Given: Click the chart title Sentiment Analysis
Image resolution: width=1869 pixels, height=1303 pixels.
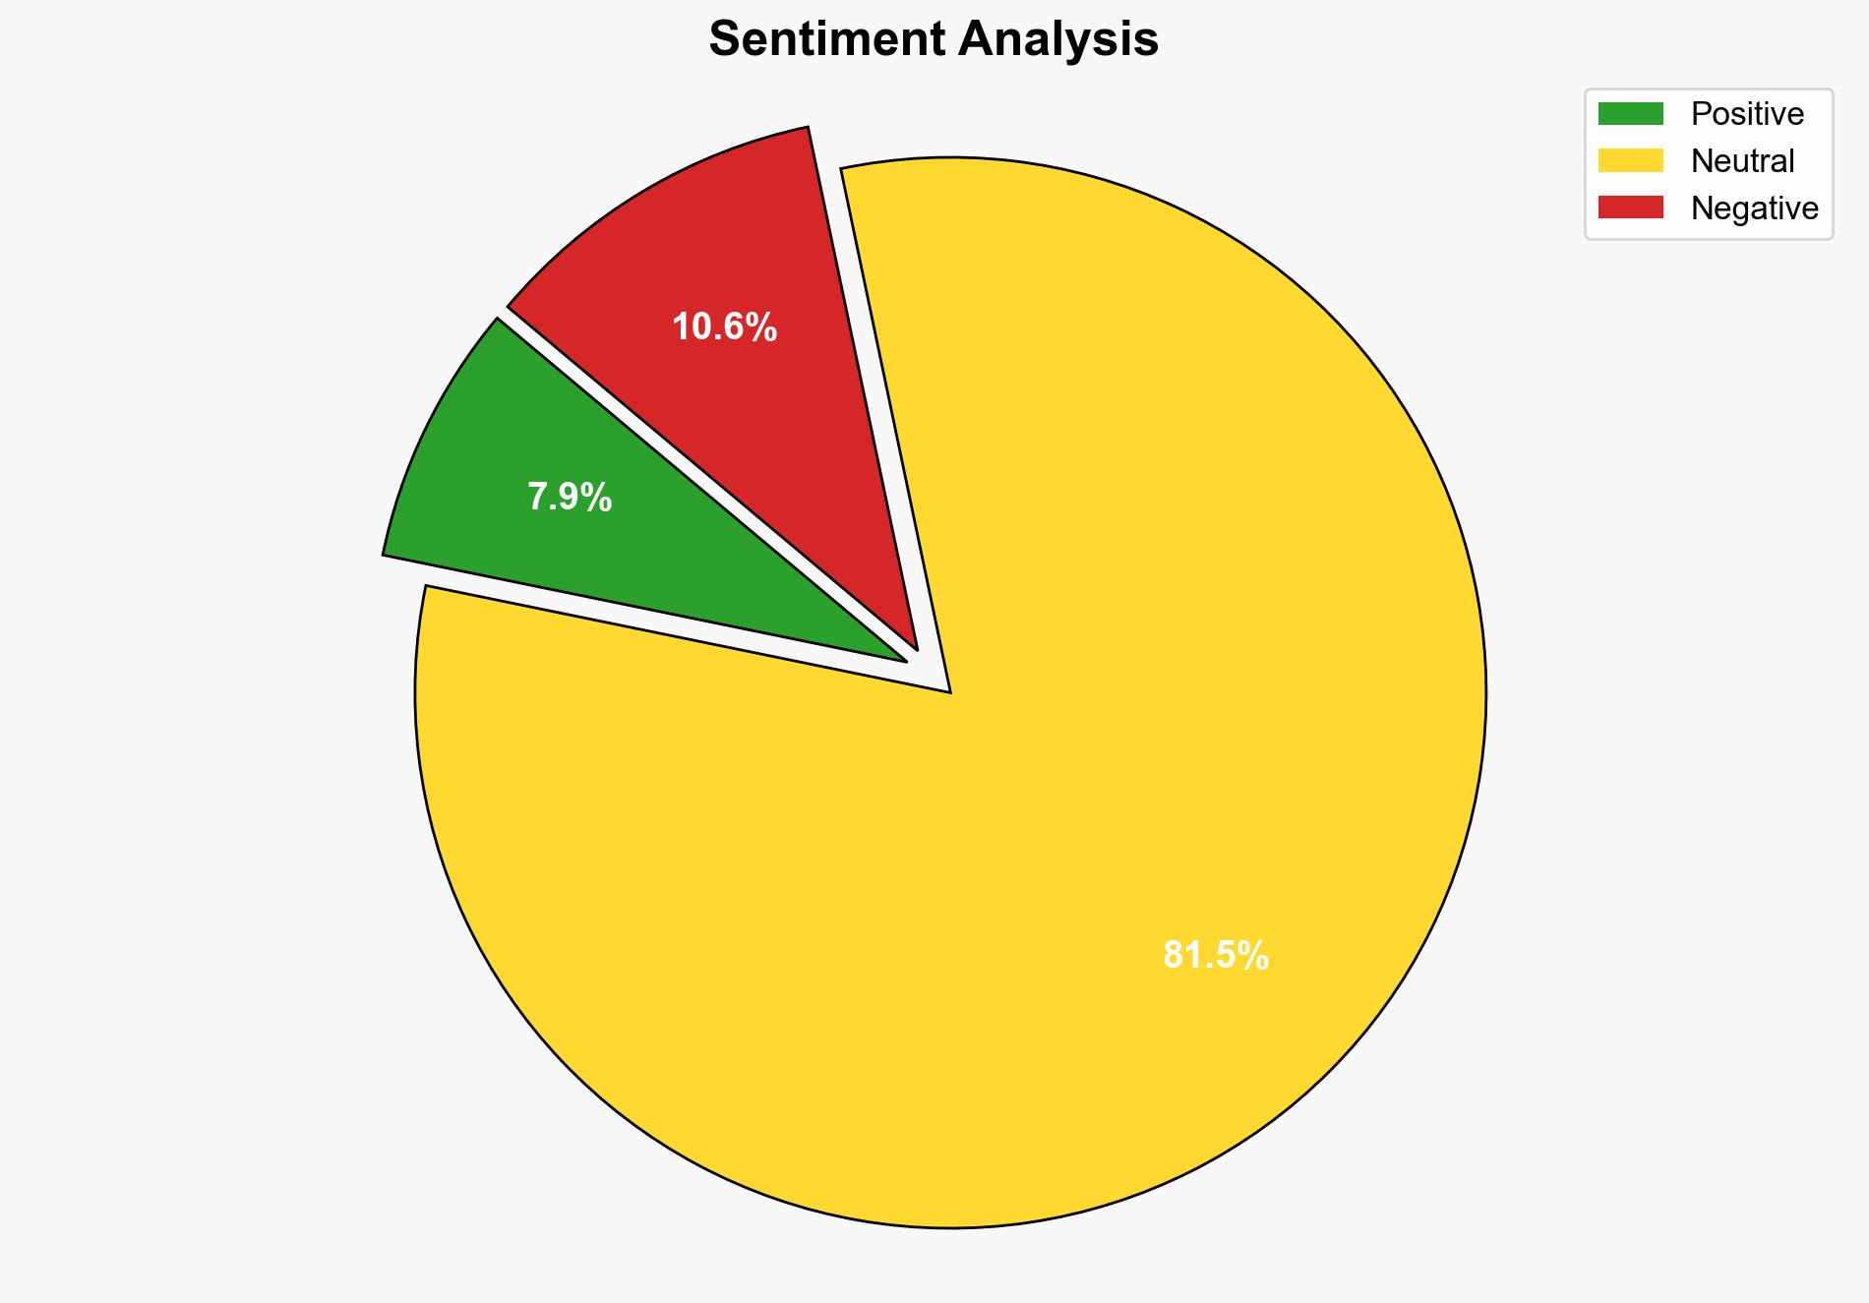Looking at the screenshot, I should pos(934,40).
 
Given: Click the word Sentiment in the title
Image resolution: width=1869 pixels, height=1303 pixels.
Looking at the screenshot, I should pos(825,40).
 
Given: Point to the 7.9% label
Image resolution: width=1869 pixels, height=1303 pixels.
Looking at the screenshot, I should pos(570,498).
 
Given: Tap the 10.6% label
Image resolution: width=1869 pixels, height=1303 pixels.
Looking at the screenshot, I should pos(724,327).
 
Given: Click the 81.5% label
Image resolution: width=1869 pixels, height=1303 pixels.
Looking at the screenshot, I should pos(1216,955).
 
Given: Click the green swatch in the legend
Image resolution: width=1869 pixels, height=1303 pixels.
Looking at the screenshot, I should pos(1630,114).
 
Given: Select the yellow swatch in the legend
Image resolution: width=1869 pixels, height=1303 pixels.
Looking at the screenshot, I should pos(1630,160).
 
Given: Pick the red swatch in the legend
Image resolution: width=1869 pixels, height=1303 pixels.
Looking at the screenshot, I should pos(1630,207).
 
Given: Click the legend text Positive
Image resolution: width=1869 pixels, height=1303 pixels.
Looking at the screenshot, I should pos(1747,114).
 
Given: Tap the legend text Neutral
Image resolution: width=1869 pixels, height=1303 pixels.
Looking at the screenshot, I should pos(1742,160).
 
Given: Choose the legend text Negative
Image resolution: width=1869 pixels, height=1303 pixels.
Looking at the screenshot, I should pos(1754,207).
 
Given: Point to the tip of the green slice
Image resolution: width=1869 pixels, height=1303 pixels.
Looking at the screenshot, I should pos(904,660).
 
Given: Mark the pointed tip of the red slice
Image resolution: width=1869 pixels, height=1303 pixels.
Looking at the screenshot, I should pos(916,648).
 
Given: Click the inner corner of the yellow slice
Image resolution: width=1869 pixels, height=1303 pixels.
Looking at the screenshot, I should pos(949,691).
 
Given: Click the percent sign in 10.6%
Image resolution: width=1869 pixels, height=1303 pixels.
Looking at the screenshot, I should pos(760,327).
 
